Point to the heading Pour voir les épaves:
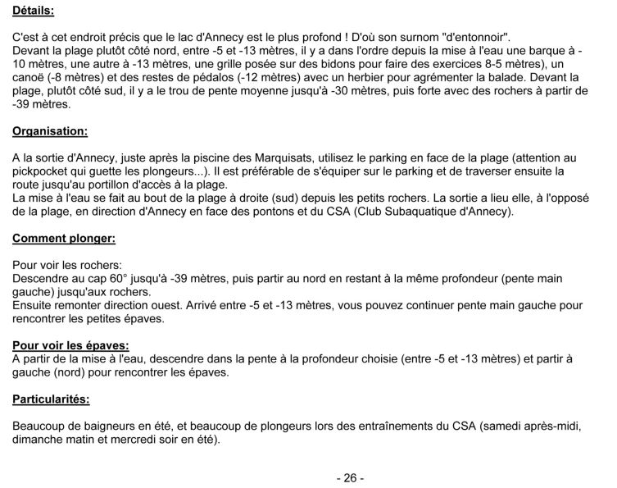(x=72, y=345)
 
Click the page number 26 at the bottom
(x=350, y=477)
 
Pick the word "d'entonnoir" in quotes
(x=473, y=38)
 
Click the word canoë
(x=31, y=78)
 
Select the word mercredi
(x=129, y=440)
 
